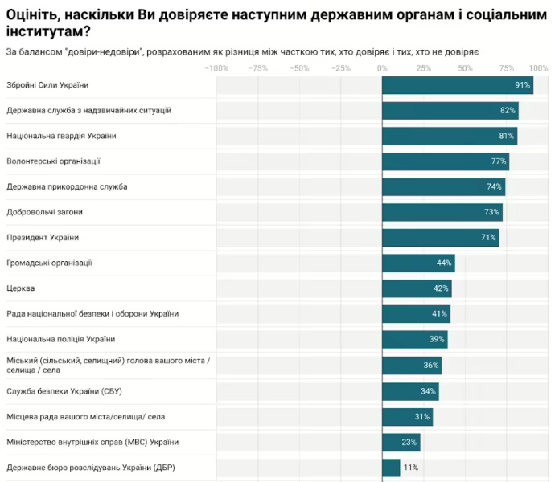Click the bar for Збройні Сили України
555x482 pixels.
pos(457,85)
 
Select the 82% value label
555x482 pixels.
pos(508,110)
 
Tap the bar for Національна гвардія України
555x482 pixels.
pos(449,136)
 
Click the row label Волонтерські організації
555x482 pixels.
pos(53,161)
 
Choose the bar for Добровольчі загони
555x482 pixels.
pos(442,212)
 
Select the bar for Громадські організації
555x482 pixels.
pos(418,263)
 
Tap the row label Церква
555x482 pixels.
pos(20,288)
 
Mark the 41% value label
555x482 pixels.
pos(439,314)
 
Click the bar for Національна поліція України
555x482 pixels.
pos(414,339)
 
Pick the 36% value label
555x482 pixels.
pos(431,365)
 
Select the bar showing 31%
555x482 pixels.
pos(407,416)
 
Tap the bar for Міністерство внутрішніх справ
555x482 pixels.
pos(401,442)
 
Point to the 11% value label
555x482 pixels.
pos(410,467)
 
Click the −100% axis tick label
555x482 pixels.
pos(216,68)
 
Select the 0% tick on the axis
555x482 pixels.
pos(382,68)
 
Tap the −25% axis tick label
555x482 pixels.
pos(340,68)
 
